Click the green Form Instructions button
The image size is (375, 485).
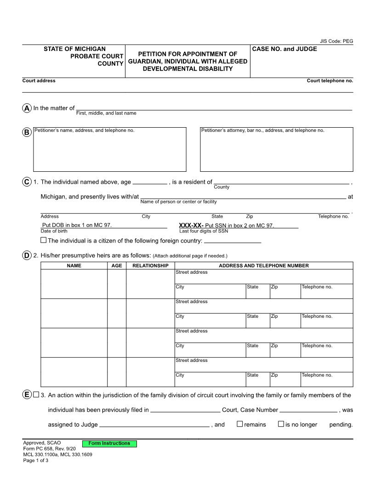[x=109, y=444]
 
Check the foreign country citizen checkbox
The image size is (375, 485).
[x=44, y=240]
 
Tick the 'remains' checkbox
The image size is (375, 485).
[x=239, y=424]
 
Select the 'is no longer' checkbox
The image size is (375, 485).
[x=281, y=424]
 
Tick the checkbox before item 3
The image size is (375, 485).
[x=36, y=395]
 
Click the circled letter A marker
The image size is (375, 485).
[x=27, y=108]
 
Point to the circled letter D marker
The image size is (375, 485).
[x=27, y=255]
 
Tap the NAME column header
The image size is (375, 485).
[x=74, y=265]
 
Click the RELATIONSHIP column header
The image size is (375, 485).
[x=150, y=265]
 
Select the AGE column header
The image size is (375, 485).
[x=117, y=265]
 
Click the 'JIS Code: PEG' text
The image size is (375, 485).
[x=336, y=41]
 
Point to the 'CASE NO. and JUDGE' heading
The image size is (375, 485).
[x=284, y=49]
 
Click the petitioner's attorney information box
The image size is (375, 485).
[x=277, y=149]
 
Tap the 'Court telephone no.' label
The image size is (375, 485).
[x=330, y=81]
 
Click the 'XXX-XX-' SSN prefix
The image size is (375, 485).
[x=191, y=226]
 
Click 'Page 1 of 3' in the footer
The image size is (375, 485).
[x=36, y=461]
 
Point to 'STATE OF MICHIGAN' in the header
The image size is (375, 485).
[x=74, y=49]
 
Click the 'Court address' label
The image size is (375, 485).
[x=39, y=81]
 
